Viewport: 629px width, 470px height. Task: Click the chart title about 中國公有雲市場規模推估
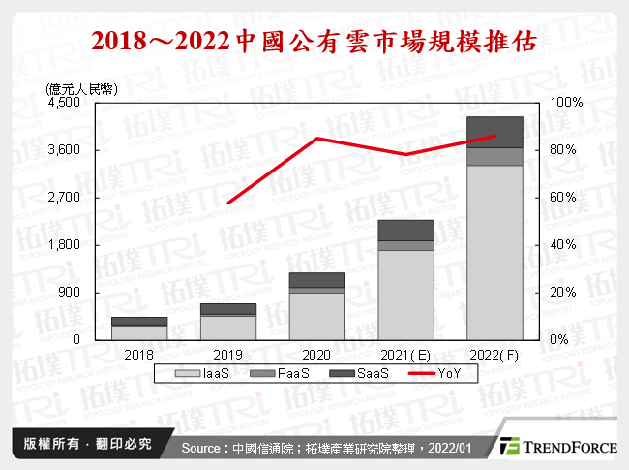[x=314, y=41]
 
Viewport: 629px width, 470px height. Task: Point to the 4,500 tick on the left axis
[x=67, y=103]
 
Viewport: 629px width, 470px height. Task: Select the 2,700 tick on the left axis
[x=67, y=198]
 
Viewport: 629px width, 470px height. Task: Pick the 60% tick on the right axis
[x=563, y=198]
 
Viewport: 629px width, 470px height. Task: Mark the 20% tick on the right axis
[x=563, y=293]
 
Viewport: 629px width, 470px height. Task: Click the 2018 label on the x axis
[x=139, y=356]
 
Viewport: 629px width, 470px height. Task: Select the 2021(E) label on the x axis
[x=406, y=356]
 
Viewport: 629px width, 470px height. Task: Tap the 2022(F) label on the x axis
[x=494, y=356]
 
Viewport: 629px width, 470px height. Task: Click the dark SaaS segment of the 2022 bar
[x=494, y=132]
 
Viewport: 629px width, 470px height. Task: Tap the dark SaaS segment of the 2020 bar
[x=317, y=280]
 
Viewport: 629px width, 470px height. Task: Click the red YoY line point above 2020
[x=317, y=139]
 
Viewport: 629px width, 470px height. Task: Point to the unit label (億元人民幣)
[x=81, y=88]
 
